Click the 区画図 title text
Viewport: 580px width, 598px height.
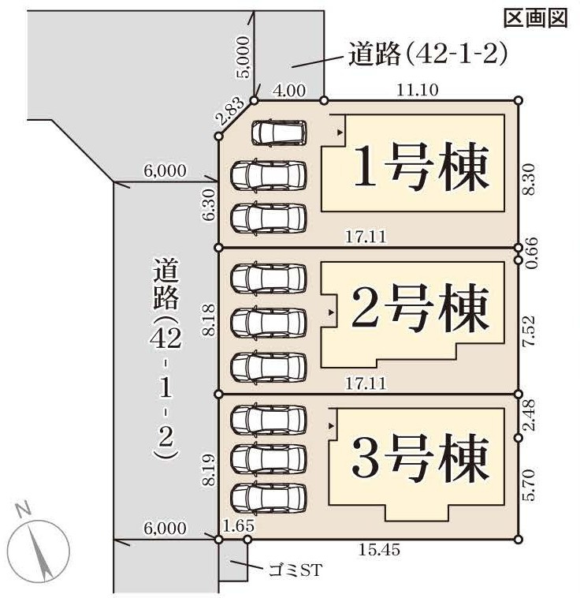point(535,18)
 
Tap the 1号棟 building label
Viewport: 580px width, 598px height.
point(421,166)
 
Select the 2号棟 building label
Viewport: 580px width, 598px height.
point(420,308)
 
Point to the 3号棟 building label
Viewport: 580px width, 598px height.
point(420,458)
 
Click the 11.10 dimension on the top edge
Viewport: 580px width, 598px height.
point(418,90)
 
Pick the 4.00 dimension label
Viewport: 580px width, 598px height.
point(290,91)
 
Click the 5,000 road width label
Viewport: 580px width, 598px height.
point(244,58)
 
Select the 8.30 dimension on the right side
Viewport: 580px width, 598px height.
point(529,179)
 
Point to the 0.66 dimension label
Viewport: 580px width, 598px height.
point(531,253)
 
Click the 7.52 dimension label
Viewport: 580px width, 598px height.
point(529,331)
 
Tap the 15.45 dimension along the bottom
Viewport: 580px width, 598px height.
point(380,550)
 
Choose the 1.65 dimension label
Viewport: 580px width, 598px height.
point(239,526)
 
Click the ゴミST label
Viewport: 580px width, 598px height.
point(296,570)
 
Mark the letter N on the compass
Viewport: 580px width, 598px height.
point(24,510)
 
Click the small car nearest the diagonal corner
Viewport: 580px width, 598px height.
point(279,133)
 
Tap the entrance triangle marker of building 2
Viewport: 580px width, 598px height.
point(331,312)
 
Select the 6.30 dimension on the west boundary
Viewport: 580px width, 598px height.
point(209,205)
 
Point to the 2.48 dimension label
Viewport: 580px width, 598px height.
point(529,415)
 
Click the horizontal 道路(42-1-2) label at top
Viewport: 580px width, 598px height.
point(429,54)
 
